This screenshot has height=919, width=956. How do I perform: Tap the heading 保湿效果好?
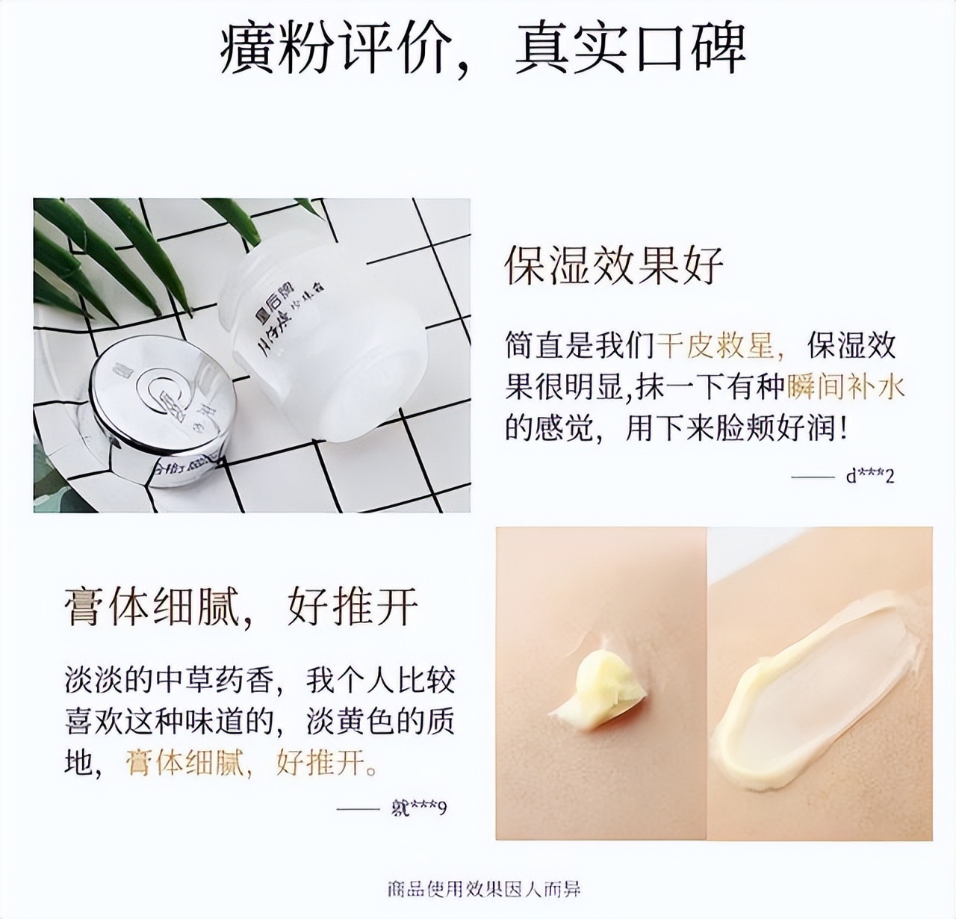pos(614,265)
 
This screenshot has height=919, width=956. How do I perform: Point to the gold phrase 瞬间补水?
pos(845,387)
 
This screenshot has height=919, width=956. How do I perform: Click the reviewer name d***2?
pos(869,476)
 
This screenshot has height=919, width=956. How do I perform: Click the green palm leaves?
pos(112,247)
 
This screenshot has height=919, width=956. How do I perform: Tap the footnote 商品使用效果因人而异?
pos(483,888)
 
